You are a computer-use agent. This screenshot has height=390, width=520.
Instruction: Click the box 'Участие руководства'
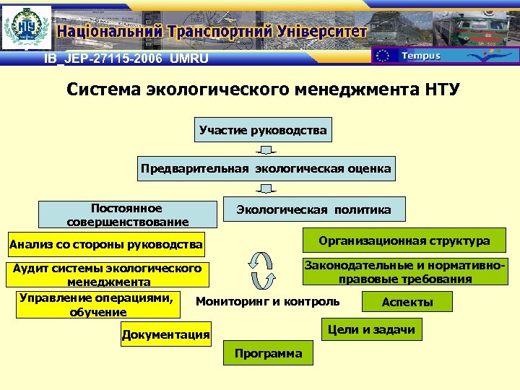click(263, 131)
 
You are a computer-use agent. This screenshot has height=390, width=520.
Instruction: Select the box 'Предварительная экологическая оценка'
click(266, 169)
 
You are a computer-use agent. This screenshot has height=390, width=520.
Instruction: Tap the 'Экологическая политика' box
click(313, 209)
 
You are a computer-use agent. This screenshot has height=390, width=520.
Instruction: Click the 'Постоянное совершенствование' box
click(127, 214)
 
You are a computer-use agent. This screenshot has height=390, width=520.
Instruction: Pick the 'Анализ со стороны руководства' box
click(105, 244)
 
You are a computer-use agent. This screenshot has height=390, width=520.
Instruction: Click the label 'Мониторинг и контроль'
click(268, 301)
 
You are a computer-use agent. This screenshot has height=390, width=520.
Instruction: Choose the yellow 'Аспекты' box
click(407, 302)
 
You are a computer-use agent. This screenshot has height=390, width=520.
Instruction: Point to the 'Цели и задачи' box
click(371, 330)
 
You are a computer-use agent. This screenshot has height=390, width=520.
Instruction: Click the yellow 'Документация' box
click(166, 334)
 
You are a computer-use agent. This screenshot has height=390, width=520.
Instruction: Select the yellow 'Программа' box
click(268, 353)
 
